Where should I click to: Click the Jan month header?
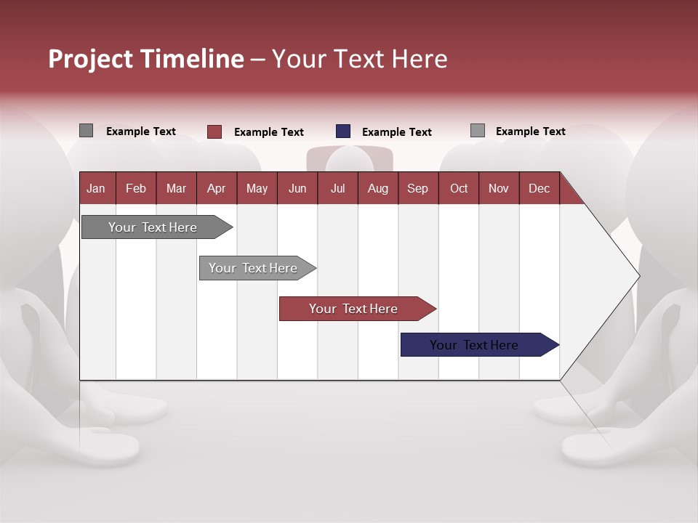[96, 188]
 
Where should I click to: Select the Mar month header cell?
[176, 188]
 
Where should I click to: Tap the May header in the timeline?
[257, 188]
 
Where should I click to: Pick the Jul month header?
[337, 188]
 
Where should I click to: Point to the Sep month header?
[417, 188]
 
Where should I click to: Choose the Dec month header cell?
[539, 188]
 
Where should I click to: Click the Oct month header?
[459, 188]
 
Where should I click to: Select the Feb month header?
[136, 188]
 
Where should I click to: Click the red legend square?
[214, 131]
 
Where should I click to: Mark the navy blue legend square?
[343, 131]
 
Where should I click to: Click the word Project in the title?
[89, 59]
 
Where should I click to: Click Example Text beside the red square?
[268, 132]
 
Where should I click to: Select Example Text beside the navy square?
[396, 132]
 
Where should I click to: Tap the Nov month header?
[499, 188]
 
